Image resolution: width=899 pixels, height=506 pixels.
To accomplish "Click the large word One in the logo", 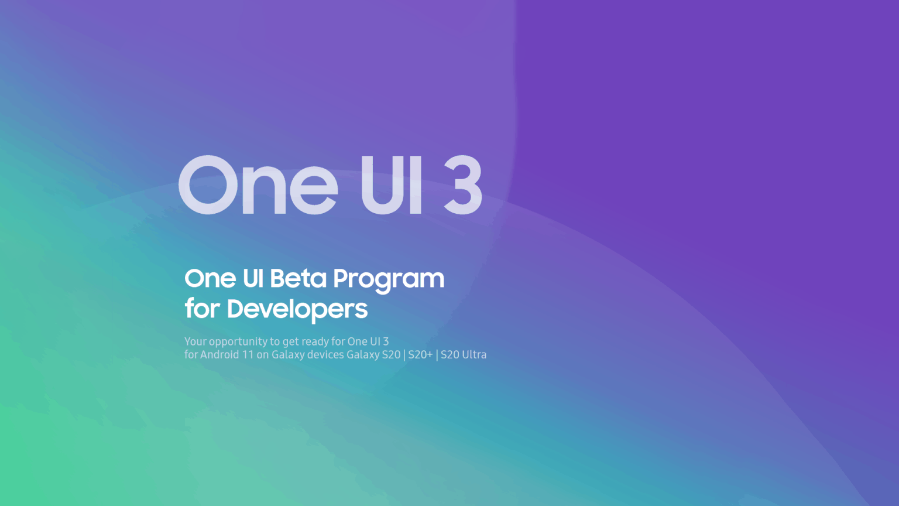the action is click(x=258, y=184).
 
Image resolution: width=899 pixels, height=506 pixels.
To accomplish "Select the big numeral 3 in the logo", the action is click(x=463, y=184).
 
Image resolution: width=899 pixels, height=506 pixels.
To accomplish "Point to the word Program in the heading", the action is click(x=389, y=281).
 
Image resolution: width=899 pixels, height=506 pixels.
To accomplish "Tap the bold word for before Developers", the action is click(x=203, y=309).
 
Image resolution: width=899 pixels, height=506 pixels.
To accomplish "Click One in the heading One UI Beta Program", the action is click(x=210, y=278).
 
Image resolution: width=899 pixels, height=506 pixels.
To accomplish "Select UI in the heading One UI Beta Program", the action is click(x=253, y=278).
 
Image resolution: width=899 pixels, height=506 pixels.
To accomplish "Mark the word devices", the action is click(x=325, y=354).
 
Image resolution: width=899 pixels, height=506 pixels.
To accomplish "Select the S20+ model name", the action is click(x=421, y=354).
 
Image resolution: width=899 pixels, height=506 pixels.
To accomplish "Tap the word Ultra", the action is click(x=475, y=354).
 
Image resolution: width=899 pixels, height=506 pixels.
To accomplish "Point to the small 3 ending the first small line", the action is click(x=386, y=341).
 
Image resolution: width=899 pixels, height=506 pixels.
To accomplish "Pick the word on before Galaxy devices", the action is click(x=262, y=355).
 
